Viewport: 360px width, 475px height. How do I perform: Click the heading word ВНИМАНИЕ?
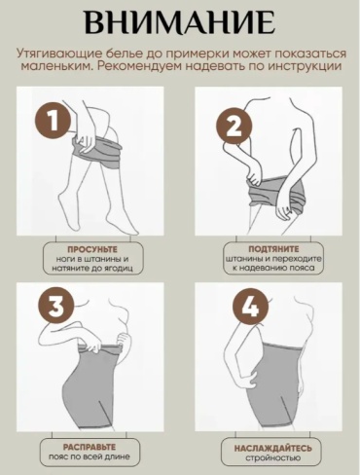pos(180,21)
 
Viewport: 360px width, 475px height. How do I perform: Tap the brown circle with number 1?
pos(53,121)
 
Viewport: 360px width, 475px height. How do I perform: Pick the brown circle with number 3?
pos(56,307)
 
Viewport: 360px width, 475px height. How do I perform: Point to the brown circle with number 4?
pos(251,307)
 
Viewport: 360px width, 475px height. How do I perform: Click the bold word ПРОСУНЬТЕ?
pos(92,249)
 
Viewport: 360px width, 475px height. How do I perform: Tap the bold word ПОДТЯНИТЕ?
pos(273,249)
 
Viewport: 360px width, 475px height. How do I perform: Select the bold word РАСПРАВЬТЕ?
pos(90,447)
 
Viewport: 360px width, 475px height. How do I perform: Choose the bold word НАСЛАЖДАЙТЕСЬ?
pos(273,449)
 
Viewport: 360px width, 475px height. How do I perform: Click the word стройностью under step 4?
pos(272,457)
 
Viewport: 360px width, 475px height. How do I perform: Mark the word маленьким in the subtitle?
pos(55,66)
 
